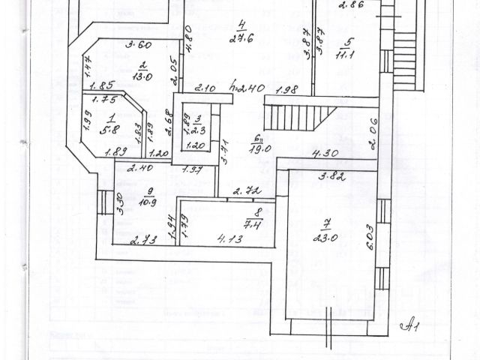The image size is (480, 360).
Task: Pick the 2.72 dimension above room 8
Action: (x=244, y=192)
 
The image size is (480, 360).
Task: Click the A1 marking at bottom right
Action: (x=410, y=325)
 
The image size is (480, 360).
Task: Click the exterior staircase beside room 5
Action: (x=404, y=52)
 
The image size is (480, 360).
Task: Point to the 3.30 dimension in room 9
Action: (x=120, y=202)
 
